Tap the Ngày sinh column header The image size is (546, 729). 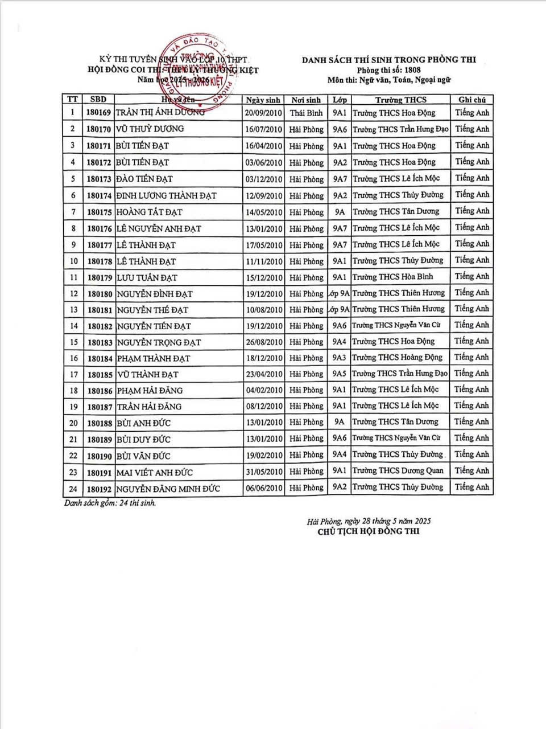click(263, 100)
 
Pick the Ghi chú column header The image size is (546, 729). click(471, 100)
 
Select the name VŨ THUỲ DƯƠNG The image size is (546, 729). click(150, 129)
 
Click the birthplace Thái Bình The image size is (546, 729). click(306, 113)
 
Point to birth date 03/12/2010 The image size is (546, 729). click(263, 179)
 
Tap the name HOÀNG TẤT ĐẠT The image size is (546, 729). click(150, 212)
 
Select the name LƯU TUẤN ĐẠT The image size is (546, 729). click(147, 277)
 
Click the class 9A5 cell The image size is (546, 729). click(340, 374)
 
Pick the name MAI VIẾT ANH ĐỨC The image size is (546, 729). click(155, 472)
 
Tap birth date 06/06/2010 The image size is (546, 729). click(263, 488)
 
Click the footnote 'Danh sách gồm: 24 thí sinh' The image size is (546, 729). click(110, 503)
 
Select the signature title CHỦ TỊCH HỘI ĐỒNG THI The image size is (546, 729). click(369, 532)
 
